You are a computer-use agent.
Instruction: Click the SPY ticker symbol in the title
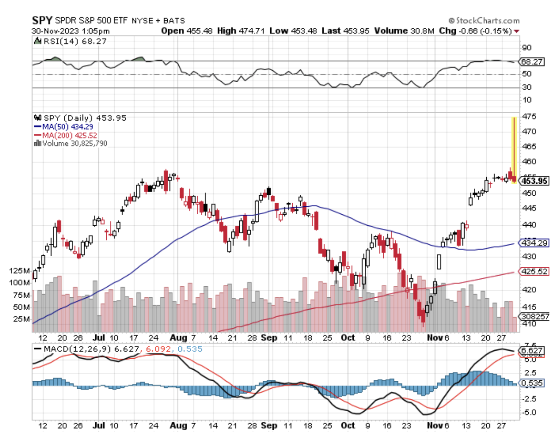pyautogui.click(x=42, y=20)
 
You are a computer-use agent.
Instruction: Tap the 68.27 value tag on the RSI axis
pyautogui.click(x=532, y=62)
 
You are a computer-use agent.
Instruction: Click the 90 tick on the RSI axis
pyautogui.click(x=527, y=47)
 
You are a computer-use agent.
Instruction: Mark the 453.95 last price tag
pyautogui.click(x=534, y=181)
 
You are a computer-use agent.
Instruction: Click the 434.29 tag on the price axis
pyautogui.click(x=534, y=243)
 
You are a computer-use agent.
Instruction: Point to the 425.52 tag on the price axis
pyautogui.click(x=534, y=271)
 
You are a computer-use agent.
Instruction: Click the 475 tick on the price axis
pyautogui.click(x=529, y=116)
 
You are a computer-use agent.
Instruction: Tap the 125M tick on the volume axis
pyautogui.click(x=20, y=271)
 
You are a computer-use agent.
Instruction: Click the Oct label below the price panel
pyautogui.click(x=348, y=338)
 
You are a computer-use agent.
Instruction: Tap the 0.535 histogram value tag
pyautogui.click(x=532, y=383)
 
